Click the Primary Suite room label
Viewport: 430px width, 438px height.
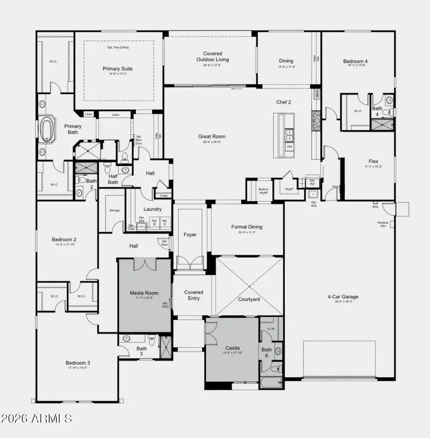(118, 69)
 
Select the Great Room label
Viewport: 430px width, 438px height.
(212, 136)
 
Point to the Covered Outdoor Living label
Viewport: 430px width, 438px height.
(212, 57)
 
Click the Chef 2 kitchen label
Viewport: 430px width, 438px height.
(283, 102)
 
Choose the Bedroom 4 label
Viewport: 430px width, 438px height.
(355, 61)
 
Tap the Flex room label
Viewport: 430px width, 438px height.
(373, 161)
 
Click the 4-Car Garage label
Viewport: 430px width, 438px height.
(343, 297)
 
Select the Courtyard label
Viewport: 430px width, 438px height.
(249, 299)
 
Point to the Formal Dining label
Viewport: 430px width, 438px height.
(247, 227)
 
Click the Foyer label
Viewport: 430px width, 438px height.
(190, 234)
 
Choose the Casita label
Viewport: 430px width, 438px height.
(233, 348)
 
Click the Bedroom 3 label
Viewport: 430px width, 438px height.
(78, 363)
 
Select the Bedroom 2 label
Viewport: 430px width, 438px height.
(64, 240)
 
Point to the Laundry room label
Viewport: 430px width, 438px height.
(152, 209)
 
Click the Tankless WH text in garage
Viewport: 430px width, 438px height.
(383, 224)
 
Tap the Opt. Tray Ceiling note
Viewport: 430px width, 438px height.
(118, 47)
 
